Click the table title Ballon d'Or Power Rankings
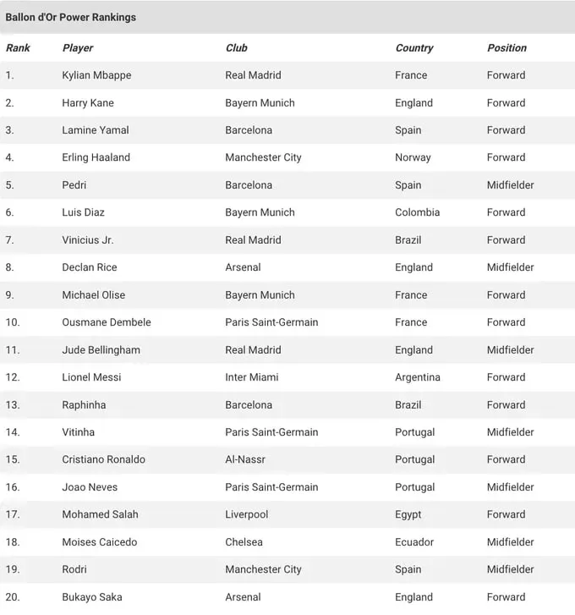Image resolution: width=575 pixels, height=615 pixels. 70,17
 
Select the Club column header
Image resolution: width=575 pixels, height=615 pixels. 236,48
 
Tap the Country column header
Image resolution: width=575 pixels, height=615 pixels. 413,48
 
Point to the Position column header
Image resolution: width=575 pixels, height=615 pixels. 507,48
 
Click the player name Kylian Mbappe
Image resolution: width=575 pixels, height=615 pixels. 96,75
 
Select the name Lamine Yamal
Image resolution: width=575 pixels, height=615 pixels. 96,130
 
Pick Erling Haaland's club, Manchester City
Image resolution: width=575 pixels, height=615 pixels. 263,157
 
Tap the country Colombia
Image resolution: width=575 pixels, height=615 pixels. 417,212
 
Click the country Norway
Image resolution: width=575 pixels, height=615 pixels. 413,157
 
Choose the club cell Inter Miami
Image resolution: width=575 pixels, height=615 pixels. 251,377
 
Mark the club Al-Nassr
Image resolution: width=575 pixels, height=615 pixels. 246,459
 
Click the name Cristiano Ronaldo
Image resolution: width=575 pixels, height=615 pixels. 103,459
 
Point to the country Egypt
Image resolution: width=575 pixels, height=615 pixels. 408,514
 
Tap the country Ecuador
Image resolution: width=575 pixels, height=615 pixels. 414,542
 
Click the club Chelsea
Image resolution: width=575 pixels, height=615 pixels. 244,542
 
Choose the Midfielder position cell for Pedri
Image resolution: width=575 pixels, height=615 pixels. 510,185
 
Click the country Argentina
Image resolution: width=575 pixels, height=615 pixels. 418,377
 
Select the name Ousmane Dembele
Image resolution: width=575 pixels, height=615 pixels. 107,322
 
